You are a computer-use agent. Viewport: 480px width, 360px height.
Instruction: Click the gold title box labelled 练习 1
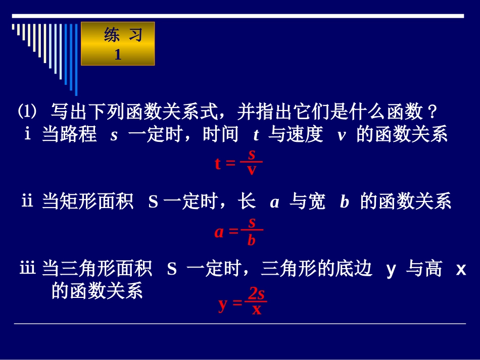[118, 44]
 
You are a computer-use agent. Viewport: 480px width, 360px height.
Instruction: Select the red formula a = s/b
[238, 231]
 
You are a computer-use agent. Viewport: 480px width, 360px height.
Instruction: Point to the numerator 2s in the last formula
[256, 294]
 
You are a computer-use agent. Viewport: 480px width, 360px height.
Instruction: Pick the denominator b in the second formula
[252, 240]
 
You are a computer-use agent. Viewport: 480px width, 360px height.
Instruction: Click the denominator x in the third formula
[257, 310]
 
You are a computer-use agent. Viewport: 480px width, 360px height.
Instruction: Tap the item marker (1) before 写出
[28, 110]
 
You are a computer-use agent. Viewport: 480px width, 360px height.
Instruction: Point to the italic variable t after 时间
[256, 135]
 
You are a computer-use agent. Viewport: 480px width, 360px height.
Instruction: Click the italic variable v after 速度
[342, 135]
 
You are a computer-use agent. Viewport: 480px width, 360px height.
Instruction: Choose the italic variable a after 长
[274, 203]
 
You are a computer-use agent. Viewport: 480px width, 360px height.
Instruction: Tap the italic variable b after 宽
[345, 203]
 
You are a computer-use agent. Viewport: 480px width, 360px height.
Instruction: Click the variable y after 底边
[391, 270]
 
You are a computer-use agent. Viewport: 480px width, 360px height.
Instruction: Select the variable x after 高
[460, 270]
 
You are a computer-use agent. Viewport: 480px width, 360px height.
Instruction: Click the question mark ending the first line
[431, 110]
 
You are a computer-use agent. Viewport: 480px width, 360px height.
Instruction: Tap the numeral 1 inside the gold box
[118, 55]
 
